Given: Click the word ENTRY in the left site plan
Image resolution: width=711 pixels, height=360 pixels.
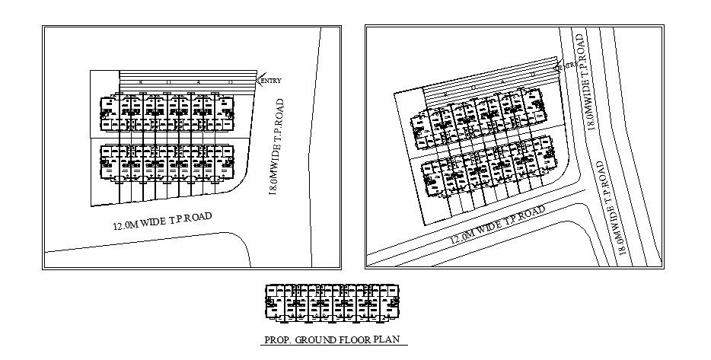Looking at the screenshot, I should [271, 81].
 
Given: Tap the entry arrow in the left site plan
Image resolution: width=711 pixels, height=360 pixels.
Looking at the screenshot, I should [260, 81].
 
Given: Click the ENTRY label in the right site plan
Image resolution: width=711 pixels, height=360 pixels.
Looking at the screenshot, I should [567, 68].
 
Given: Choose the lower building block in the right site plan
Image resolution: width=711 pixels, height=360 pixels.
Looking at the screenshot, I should [487, 169].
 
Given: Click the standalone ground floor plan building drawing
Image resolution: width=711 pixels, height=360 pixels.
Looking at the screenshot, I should [332, 301].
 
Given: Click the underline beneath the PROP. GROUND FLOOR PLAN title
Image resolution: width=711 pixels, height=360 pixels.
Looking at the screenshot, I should [333, 346].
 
